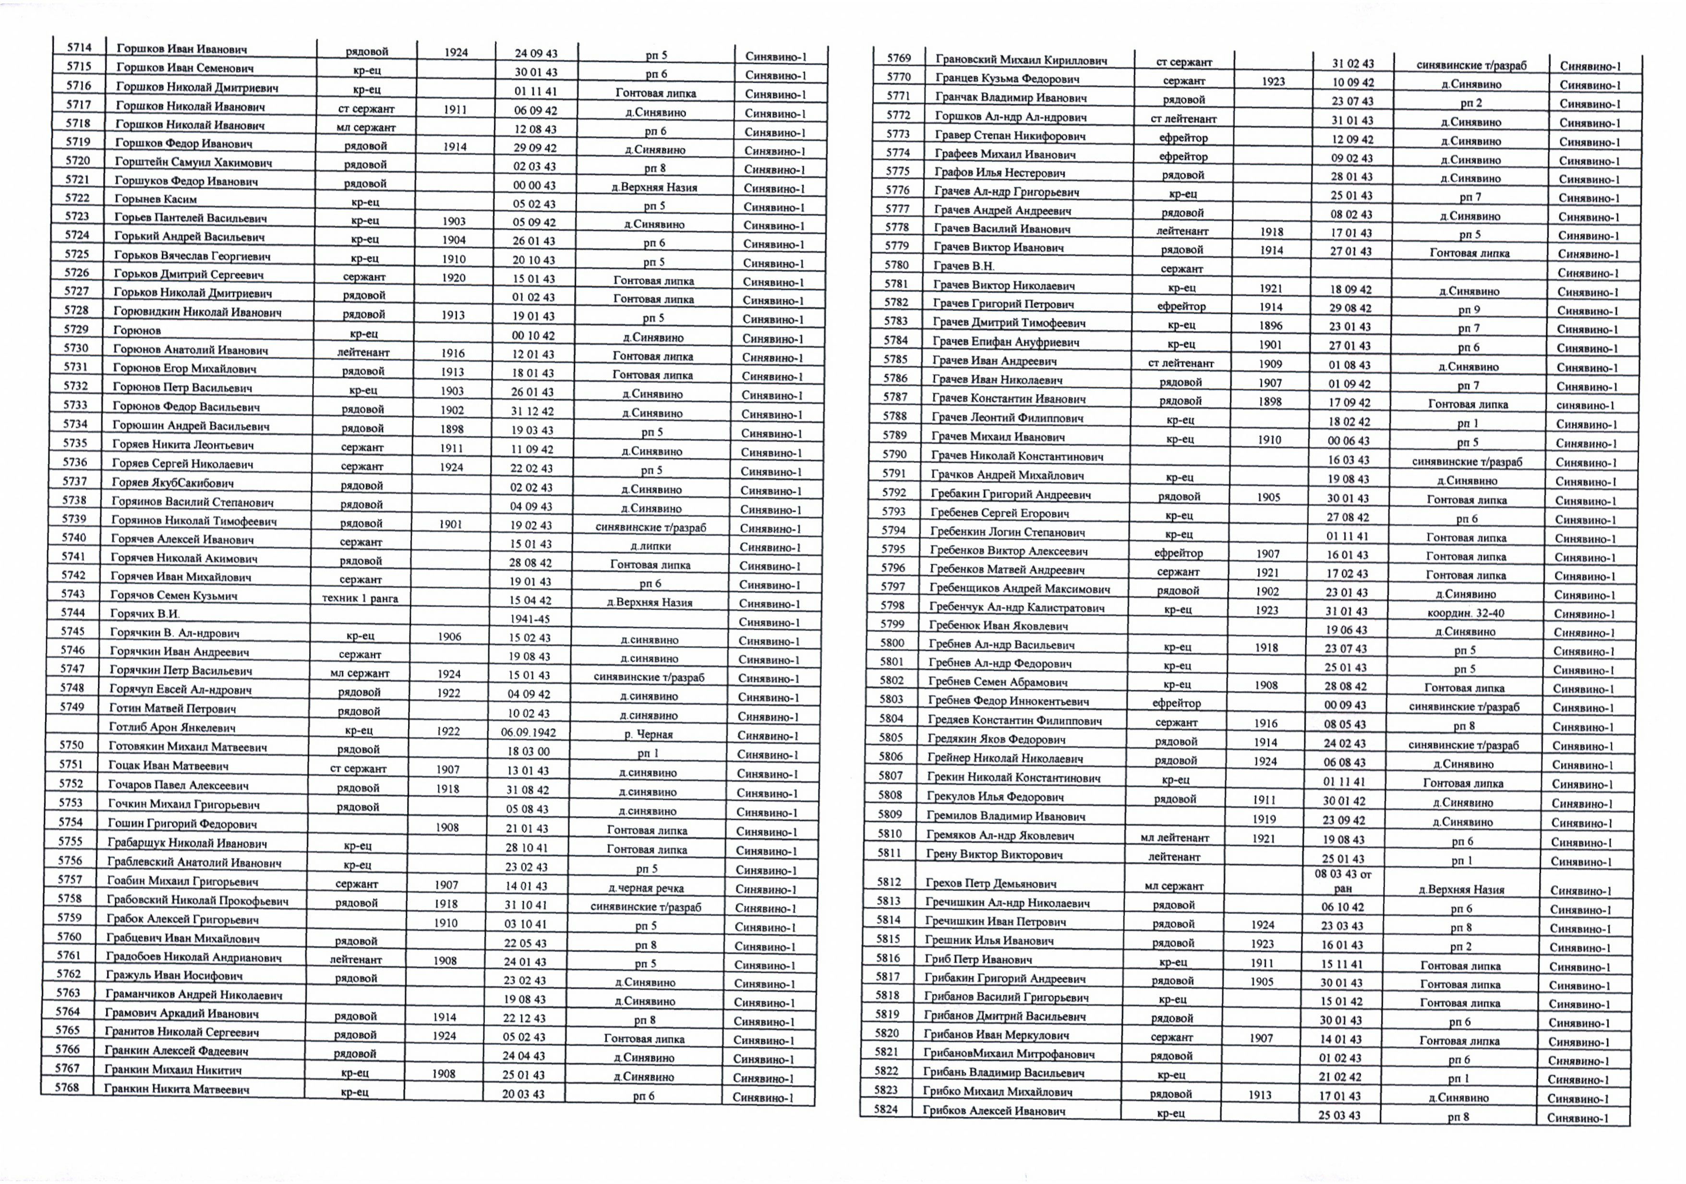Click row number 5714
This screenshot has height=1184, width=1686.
coord(79,48)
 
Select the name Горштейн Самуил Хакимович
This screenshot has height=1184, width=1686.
coord(193,162)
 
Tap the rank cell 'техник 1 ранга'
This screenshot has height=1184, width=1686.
coord(360,598)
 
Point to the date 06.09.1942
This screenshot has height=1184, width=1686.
coord(529,732)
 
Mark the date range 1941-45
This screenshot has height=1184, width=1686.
coord(530,619)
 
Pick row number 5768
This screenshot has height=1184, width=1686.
coord(67,1087)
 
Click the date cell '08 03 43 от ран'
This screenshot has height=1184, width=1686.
coord(1342,881)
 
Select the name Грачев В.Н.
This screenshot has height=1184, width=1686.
coord(963,266)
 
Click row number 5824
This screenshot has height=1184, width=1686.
coord(886,1109)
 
